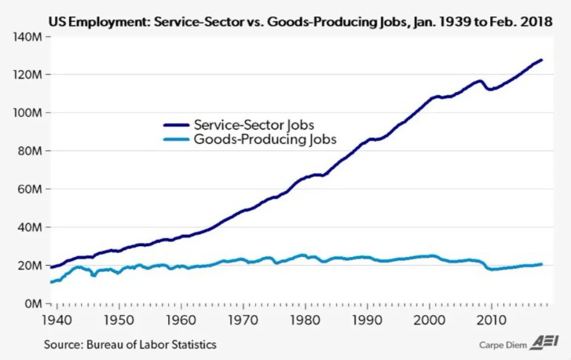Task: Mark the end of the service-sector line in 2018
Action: click(x=541, y=61)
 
